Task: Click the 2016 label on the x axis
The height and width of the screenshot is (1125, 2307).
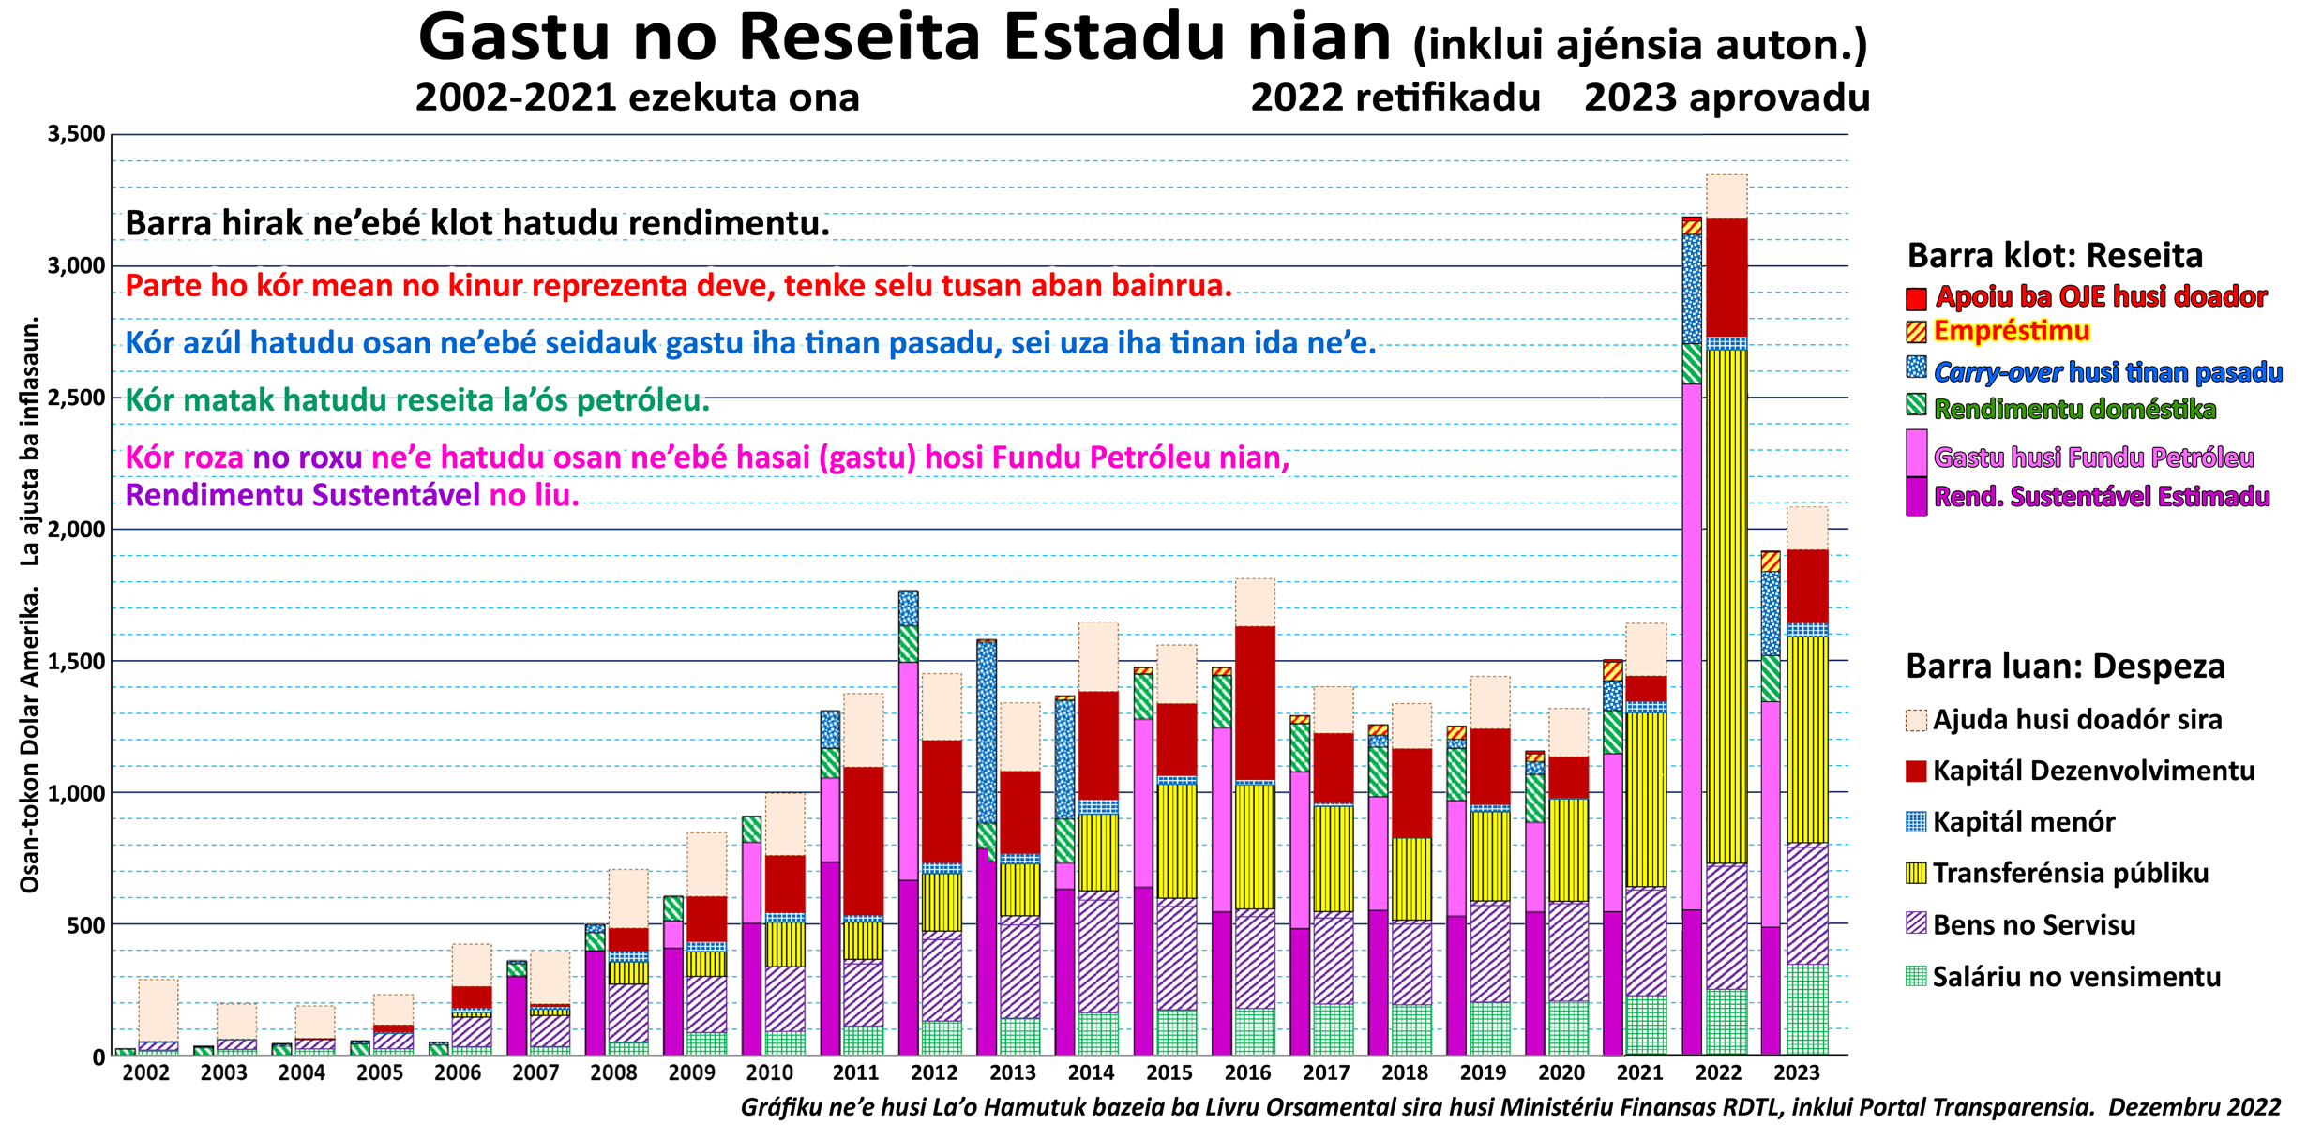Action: click(1247, 1072)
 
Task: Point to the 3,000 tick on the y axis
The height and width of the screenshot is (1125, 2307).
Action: click(77, 266)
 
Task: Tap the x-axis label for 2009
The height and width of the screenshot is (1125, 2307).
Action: click(692, 1072)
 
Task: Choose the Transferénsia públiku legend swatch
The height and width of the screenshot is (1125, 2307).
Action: click(1916, 874)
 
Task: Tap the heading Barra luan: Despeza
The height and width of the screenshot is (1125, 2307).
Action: click(2065, 667)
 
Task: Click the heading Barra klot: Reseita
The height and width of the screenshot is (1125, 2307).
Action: click(2055, 256)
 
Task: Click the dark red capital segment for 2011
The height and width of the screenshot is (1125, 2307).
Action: click(863, 841)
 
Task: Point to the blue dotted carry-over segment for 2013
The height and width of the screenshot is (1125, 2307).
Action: click(987, 733)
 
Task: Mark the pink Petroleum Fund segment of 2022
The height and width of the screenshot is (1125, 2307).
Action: click(1692, 647)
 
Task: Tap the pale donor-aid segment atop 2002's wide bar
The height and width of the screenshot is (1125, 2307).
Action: click(158, 1011)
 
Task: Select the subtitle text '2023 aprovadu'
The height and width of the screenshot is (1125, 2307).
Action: click(1727, 97)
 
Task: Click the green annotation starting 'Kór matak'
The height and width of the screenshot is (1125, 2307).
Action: click(417, 400)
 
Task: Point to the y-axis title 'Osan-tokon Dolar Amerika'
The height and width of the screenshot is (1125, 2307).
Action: click(30, 741)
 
